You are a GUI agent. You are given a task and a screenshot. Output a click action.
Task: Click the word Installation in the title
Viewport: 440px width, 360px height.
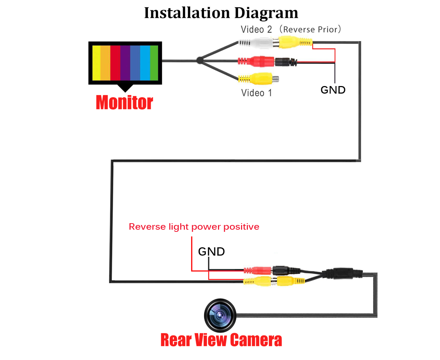[x=187, y=13]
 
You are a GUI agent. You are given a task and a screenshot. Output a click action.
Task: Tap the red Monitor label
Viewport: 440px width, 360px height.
[x=124, y=102]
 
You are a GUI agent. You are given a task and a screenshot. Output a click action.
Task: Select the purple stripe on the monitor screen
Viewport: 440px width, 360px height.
[x=125, y=63]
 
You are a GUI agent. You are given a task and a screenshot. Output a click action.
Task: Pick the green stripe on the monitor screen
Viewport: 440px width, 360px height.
[x=154, y=63]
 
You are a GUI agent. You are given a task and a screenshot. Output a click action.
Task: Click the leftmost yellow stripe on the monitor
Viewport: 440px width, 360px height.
[x=96, y=63]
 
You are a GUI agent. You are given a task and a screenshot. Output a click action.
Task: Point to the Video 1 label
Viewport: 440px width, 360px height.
[x=257, y=93]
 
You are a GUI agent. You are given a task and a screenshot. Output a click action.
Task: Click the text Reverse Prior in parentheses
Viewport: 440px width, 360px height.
[x=310, y=30]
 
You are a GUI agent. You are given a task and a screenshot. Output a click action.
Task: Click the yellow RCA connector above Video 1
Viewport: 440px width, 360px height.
[x=258, y=78]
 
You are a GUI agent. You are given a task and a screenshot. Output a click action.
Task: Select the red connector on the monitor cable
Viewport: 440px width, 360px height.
[x=256, y=62]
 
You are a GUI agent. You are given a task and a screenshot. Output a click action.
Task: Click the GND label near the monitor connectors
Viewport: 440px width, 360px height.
[x=333, y=90]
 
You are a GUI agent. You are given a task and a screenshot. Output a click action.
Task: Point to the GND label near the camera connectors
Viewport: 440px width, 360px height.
[x=211, y=251]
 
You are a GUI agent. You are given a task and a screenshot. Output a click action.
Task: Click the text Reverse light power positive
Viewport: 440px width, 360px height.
[x=194, y=227]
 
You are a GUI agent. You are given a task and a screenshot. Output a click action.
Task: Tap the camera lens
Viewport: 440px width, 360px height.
[x=220, y=315]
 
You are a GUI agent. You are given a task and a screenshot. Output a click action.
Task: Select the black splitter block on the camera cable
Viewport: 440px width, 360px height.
[x=342, y=274]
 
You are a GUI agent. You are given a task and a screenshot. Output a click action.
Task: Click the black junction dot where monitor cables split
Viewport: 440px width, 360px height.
[x=200, y=60]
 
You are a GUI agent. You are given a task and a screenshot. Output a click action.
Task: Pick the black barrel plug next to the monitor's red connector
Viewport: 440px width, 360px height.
[x=286, y=62]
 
